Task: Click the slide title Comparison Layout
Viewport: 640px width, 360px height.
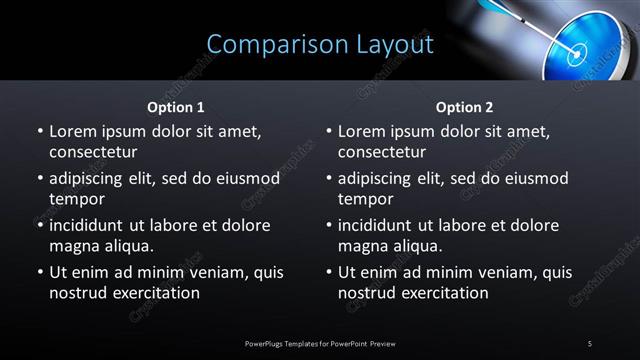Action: pos(320,45)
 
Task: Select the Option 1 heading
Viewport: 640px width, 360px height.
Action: pos(176,107)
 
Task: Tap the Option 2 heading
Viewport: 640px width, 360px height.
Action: pos(465,107)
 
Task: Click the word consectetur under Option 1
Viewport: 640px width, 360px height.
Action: pos(93,152)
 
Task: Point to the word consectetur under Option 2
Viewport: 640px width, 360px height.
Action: pos(382,152)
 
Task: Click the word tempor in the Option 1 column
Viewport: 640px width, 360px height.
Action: pos(74,199)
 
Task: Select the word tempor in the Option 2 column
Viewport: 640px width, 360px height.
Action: pos(363,199)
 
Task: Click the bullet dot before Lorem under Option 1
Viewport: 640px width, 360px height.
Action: pos(39,132)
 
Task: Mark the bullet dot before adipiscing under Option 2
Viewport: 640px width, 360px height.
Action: pos(328,179)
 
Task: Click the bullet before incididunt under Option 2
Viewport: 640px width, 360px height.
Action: pos(328,226)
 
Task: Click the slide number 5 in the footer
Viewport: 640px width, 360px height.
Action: pos(590,343)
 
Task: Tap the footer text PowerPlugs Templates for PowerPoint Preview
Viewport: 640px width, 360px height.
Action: pos(320,343)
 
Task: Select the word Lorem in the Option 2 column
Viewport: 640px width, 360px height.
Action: pos(362,131)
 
